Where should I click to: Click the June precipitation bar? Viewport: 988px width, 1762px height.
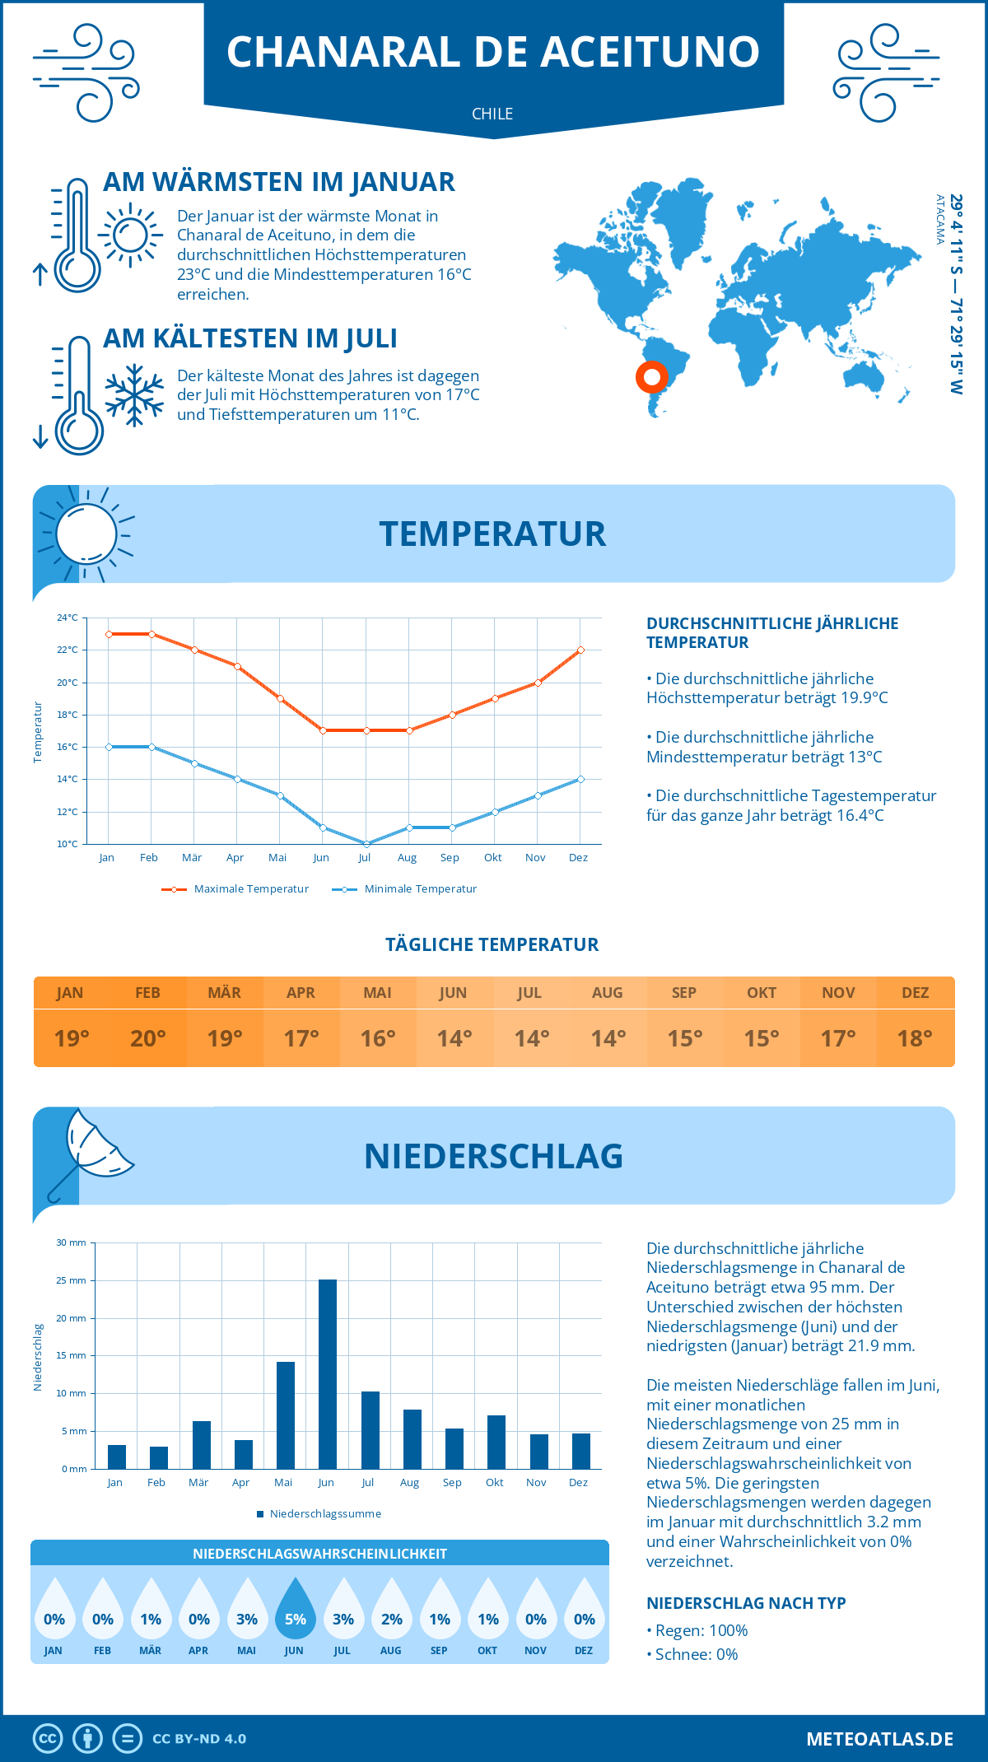[328, 1374]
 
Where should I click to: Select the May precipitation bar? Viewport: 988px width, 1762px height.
[286, 1415]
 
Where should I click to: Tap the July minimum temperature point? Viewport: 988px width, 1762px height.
[366, 844]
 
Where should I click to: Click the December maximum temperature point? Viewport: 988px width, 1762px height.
[580, 650]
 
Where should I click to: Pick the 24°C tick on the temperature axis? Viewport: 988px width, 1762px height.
[68, 618]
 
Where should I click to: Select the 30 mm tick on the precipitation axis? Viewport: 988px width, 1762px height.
[71, 1242]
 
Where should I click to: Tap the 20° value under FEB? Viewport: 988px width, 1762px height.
[148, 1038]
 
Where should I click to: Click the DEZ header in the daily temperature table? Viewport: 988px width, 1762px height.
[916, 993]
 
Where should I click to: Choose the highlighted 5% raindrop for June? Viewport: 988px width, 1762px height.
[295, 1611]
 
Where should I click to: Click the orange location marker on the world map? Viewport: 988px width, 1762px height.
[651, 377]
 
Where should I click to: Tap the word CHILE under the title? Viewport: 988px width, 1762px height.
[492, 114]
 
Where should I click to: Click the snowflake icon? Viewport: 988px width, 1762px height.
[134, 395]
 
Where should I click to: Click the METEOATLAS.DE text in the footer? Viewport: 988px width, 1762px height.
[879, 1739]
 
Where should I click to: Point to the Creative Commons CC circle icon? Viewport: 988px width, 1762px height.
[48, 1739]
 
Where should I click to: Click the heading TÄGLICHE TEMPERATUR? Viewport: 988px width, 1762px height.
[492, 944]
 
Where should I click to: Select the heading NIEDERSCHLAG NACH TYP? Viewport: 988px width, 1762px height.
[746, 1603]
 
